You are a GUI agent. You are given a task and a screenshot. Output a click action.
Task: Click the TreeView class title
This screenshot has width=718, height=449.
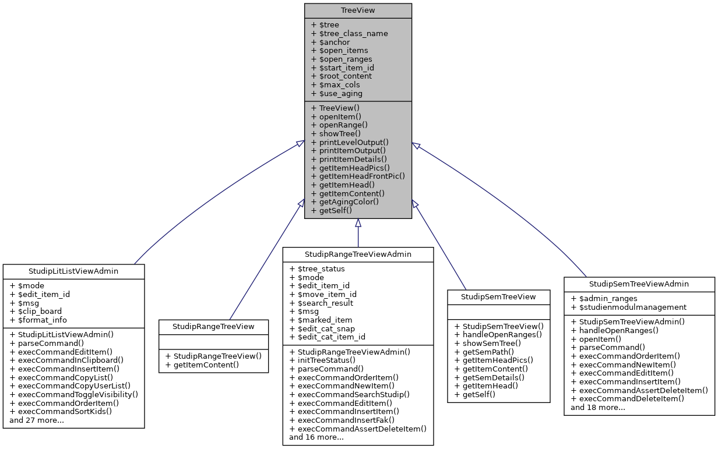(x=358, y=10)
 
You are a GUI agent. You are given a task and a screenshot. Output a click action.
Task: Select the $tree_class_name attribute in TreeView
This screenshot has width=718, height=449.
(x=350, y=33)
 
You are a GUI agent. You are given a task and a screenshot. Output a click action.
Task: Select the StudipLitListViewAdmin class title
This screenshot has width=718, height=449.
(x=73, y=271)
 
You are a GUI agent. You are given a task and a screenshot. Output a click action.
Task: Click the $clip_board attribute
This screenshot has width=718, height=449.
(x=36, y=311)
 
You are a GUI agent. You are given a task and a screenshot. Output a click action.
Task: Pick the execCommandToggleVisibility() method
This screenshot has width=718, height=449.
(x=73, y=394)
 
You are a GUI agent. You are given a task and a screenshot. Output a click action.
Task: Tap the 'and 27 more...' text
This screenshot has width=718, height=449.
(x=37, y=420)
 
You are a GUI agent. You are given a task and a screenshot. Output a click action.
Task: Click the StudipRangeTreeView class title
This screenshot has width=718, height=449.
(x=214, y=326)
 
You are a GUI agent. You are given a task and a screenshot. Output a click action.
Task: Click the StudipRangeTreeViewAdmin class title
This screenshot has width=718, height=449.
(x=358, y=254)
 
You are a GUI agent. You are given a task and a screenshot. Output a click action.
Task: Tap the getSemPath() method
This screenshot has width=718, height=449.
(x=488, y=352)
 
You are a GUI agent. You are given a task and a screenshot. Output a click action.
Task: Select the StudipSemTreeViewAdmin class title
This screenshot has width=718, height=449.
(x=639, y=284)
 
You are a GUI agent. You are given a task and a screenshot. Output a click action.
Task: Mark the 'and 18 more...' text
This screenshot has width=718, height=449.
(x=598, y=407)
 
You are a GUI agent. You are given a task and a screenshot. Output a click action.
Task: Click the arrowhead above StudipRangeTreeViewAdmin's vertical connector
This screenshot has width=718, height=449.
(x=358, y=224)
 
